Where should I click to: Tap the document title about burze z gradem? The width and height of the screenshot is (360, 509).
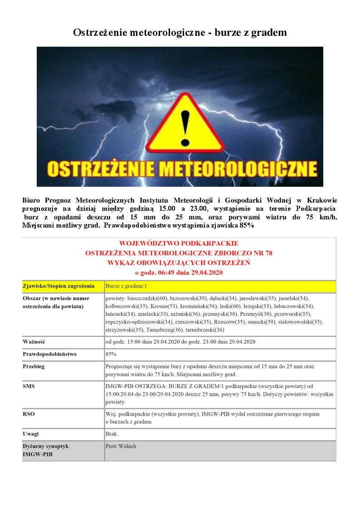tap(180, 33)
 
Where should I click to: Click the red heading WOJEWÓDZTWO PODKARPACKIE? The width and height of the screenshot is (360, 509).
tap(179, 243)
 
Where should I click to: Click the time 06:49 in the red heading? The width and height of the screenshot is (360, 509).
tap(165, 272)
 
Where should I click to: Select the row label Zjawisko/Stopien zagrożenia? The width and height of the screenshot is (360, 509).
tap(58, 286)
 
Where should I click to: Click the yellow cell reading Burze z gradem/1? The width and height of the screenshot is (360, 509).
tap(126, 286)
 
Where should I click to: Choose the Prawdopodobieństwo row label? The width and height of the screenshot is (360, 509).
tap(49, 354)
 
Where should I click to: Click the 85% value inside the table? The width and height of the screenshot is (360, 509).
tap(111, 354)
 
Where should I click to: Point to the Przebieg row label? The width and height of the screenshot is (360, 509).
tap(34, 366)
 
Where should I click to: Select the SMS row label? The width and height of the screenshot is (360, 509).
tap(29, 386)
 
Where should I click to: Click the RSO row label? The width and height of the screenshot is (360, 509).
tap(29, 414)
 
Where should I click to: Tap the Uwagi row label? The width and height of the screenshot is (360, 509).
tap(31, 434)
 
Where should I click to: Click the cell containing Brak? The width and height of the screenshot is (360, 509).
tap(112, 434)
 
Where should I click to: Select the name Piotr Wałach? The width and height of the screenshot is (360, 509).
tap(121, 446)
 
